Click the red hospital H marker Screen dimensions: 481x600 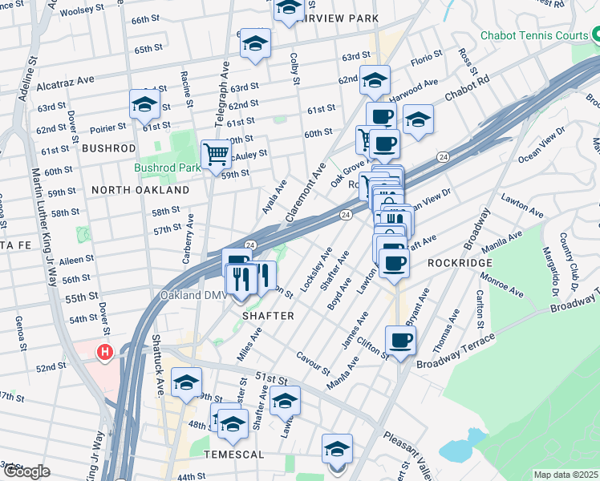[x=103, y=352]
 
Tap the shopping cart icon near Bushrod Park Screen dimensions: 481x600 [x=216, y=154]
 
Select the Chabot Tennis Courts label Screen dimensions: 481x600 [x=533, y=35]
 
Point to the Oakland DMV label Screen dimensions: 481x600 [x=195, y=295]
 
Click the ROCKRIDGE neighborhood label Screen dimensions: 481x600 [x=458, y=262]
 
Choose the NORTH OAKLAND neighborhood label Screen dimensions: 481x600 [x=140, y=190]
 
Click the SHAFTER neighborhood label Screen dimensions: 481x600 [x=269, y=316]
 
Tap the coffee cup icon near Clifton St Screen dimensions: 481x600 [x=400, y=340]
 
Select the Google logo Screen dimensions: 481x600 [x=26, y=471]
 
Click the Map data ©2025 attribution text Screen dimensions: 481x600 [x=566, y=475]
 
